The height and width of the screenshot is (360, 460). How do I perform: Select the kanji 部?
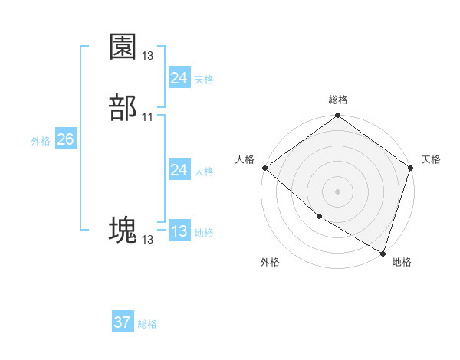tap(123, 106)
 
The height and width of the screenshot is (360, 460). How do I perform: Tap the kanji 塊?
tap(123, 230)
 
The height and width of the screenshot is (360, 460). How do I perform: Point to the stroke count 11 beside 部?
tap(148, 116)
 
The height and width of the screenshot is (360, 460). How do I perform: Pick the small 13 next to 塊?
tap(148, 240)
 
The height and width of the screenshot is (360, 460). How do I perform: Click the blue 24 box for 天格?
tap(179, 77)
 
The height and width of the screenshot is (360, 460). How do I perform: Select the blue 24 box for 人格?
tap(179, 170)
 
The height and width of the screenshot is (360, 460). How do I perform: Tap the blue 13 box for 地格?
tap(179, 231)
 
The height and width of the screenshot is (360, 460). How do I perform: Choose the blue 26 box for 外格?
tap(65, 139)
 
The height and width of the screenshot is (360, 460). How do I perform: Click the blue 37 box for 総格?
tap(122, 322)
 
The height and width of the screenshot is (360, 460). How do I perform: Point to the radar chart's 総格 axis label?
tap(338, 100)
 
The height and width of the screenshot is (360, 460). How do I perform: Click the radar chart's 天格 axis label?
tap(431, 159)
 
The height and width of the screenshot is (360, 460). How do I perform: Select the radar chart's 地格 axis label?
tap(402, 262)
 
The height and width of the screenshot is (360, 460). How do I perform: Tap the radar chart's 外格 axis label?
tap(270, 262)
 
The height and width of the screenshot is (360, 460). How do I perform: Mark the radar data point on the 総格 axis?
tap(338, 116)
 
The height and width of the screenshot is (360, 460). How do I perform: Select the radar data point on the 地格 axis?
tap(383, 252)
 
